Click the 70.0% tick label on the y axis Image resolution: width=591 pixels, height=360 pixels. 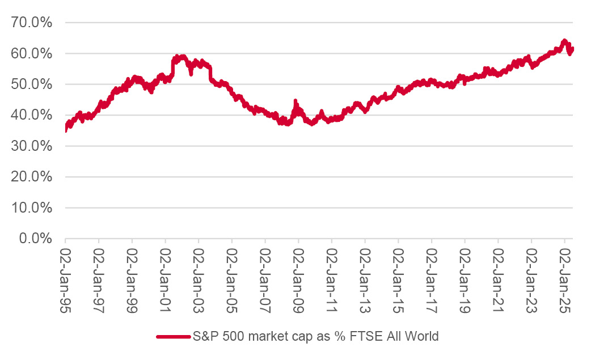coord(32,23)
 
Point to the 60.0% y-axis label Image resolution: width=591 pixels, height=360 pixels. coord(32,54)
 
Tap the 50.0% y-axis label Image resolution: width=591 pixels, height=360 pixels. coord(32,84)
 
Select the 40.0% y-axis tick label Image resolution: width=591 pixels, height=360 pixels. coord(32,115)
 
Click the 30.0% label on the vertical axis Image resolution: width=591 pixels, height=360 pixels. coord(32,146)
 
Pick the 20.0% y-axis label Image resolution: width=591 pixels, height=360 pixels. coord(32,177)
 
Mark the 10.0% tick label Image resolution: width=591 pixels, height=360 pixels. coord(32,207)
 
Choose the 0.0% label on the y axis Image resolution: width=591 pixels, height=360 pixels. coord(35,238)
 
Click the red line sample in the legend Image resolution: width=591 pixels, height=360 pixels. coord(173,337)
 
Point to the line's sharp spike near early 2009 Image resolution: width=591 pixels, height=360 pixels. coord(295,101)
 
